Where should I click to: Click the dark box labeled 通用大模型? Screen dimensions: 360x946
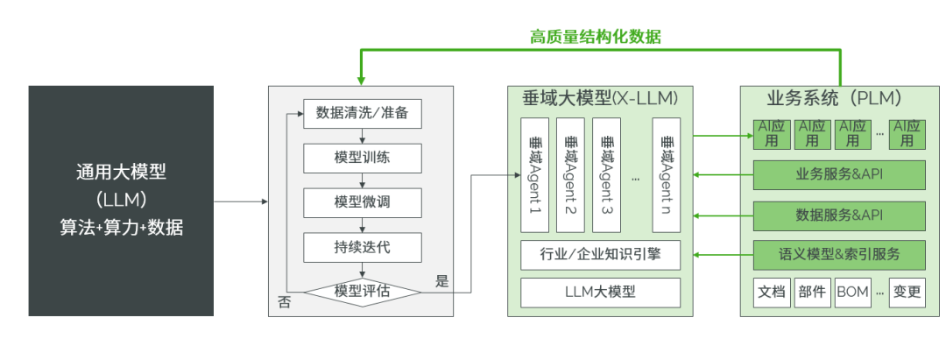pyautogui.click(x=121, y=201)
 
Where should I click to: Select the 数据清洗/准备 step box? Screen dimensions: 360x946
pyautogui.click(x=363, y=113)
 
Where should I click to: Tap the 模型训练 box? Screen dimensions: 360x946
pyautogui.click(x=363, y=159)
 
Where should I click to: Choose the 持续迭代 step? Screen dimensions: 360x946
pyautogui.click(x=363, y=247)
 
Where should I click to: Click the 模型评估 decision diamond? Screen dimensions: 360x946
pyautogui.click(x=363, y=291)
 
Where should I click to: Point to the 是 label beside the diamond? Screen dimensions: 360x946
pyautogui.click(x=441, y=281)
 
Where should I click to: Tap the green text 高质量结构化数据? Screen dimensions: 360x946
pyautogui.click(x=595, y=37)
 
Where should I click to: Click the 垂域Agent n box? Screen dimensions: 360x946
pyautogui.click(x=667, y=171)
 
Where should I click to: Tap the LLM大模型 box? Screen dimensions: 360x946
pyautogui.click(x=601, y=292)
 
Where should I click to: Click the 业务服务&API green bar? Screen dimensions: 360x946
pyautogui.click(x=839, y=173)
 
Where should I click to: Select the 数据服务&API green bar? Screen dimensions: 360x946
pyautogui.click(x=839, y=214)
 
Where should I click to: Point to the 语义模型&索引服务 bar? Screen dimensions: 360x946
pyautogui.click(x=839, y=255)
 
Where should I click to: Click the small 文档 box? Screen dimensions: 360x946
pyautogui.click(x=772, y=292)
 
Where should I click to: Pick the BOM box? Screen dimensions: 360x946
pyautogui.click(x=852, y=292)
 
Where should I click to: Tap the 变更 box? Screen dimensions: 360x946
pyautogui.click(x=907, y=292)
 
